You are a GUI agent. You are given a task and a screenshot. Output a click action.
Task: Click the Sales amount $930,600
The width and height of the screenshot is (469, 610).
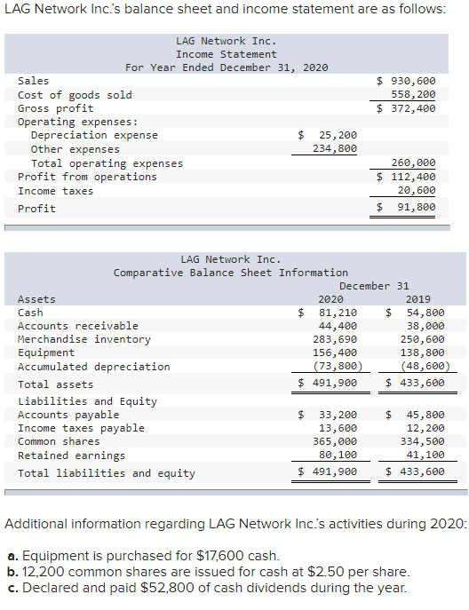[x=406, y=81]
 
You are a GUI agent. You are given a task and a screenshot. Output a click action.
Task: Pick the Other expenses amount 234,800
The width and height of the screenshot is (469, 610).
[x=335, y=149]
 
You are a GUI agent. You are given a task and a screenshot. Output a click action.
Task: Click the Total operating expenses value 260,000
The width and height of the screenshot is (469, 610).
[x=413, y=163]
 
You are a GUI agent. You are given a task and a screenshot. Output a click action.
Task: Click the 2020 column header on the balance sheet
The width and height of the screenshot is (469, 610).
[x=330, y=299]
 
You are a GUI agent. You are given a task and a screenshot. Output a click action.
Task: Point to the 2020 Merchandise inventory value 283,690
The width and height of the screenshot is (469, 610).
[x=335, y=339]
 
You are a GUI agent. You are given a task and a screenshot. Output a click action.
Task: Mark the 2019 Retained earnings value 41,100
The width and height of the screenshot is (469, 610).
[x=425, y=456]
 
